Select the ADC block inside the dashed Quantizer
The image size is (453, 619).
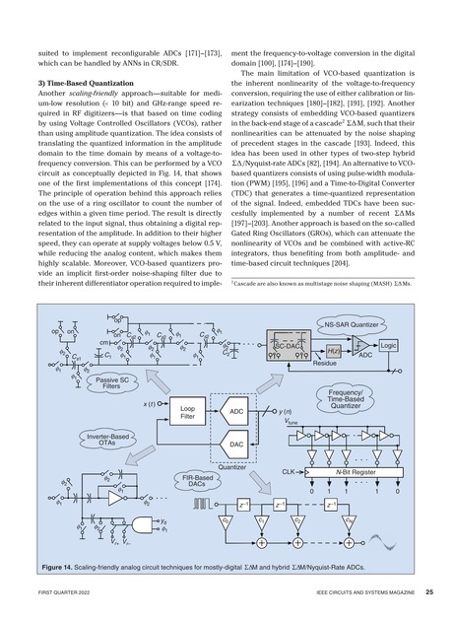click(236, 409)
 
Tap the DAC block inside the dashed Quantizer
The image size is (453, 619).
click(236, 445)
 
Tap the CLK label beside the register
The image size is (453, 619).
click(290, 473)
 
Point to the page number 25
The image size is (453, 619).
click(431, 593)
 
